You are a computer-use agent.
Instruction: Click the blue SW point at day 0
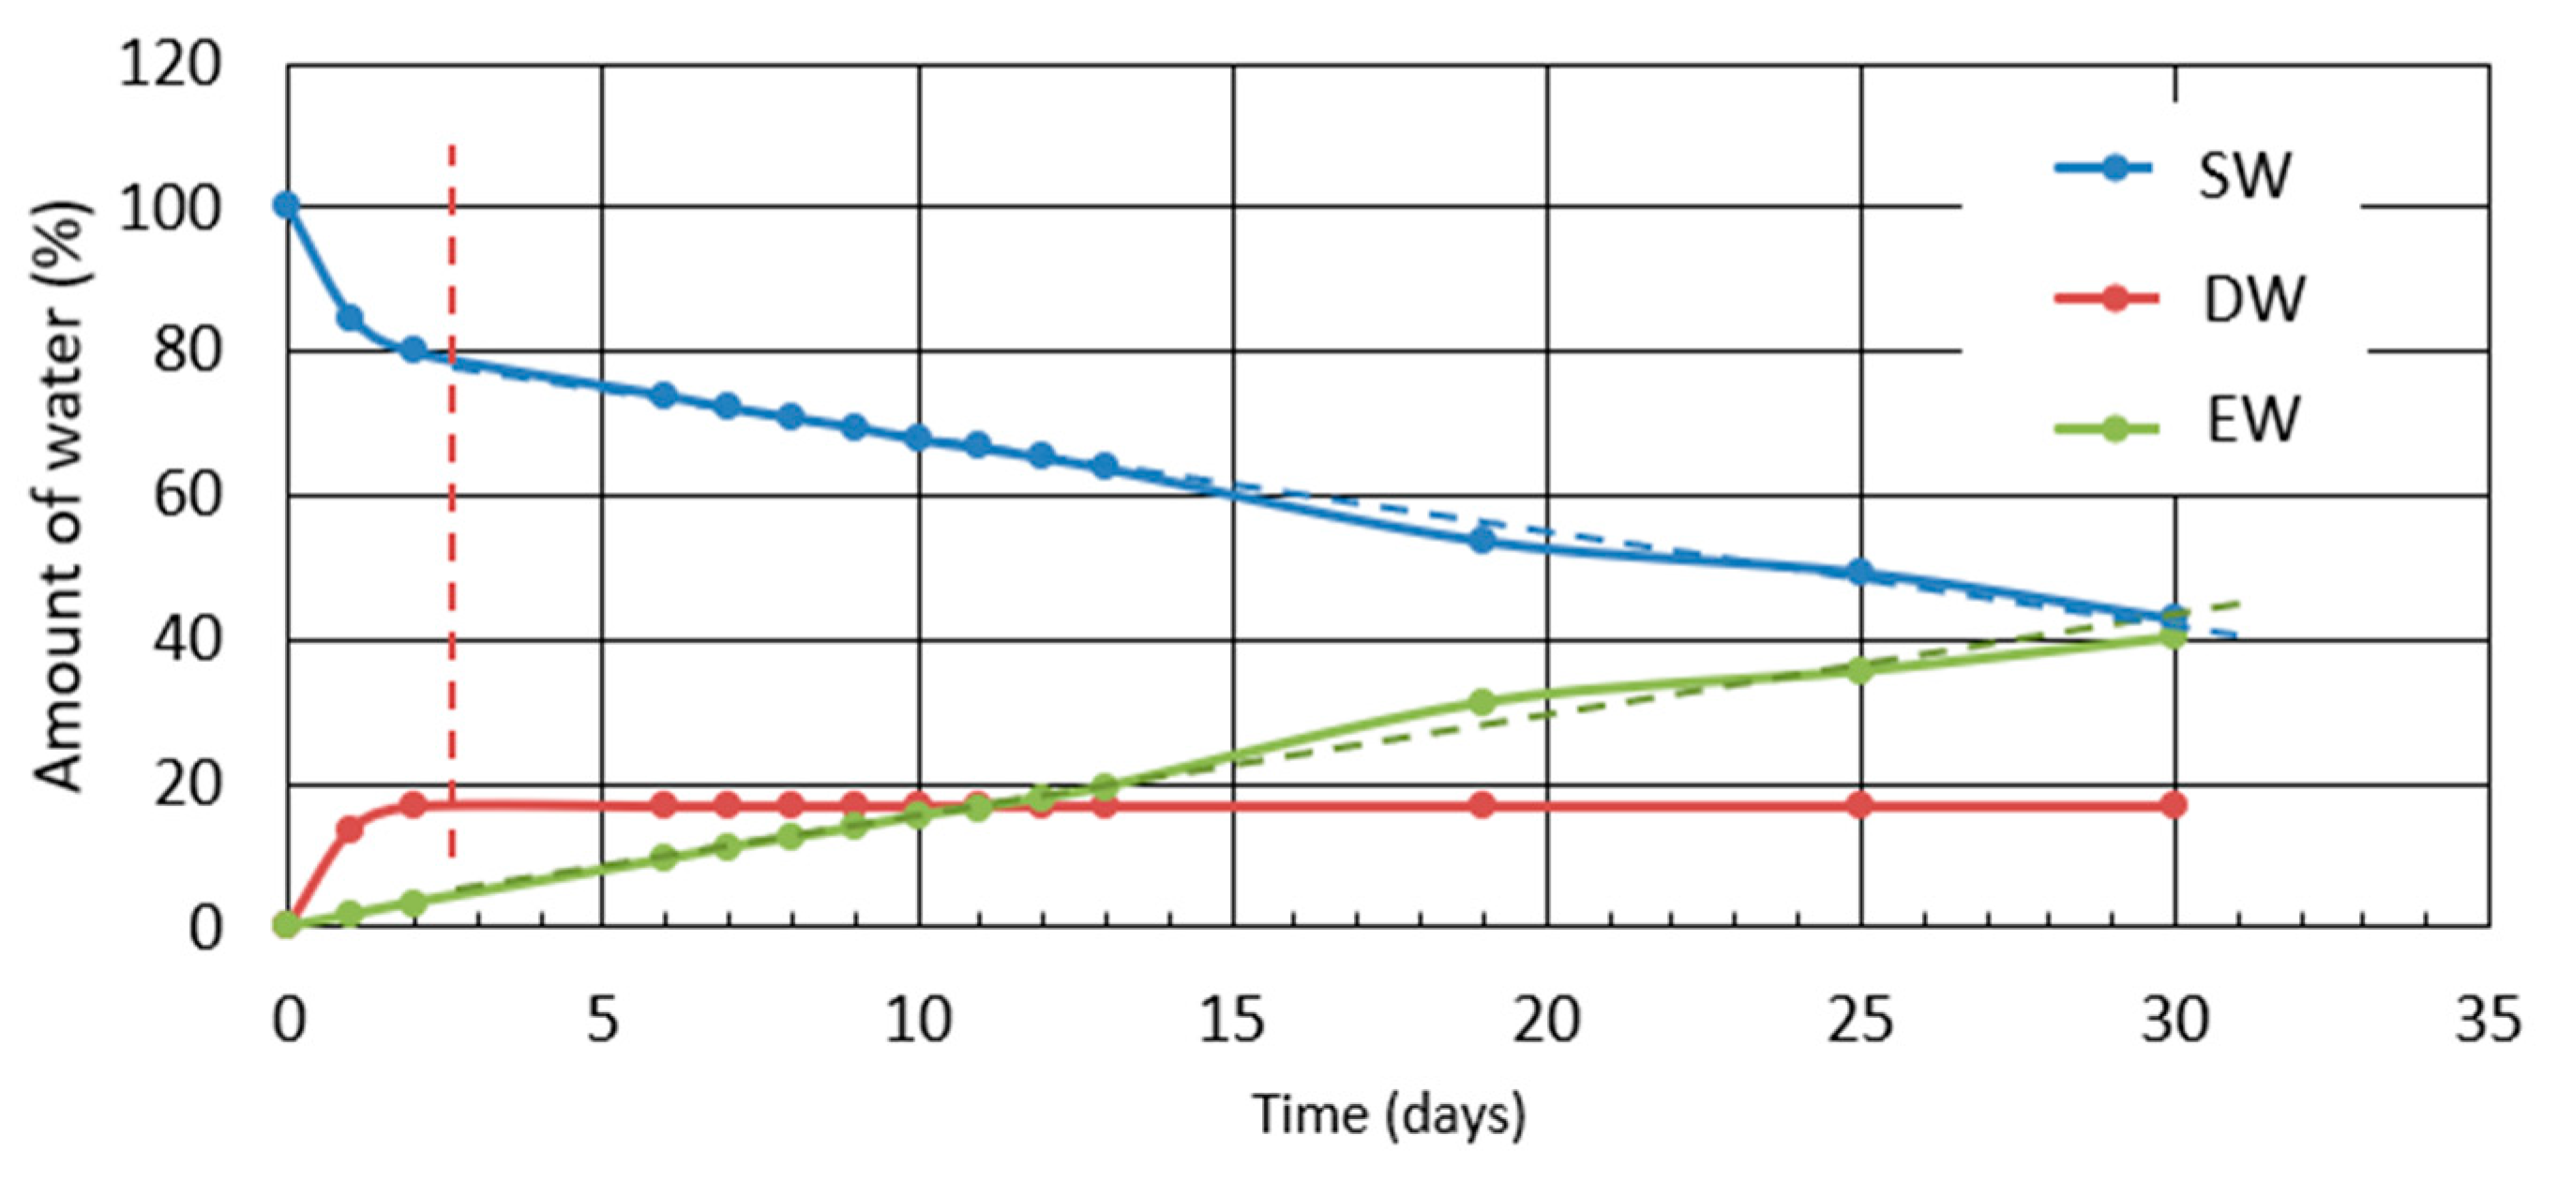pos(287,205)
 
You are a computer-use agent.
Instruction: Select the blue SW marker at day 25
pos(1861,573)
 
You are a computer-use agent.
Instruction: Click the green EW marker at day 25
pos(1861,670)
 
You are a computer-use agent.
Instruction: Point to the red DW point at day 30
pos(2173,805)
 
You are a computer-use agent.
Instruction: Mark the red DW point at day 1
pos(350,828)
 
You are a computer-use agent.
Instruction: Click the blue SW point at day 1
pos(350,319)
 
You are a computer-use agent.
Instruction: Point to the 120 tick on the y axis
pos(169,67)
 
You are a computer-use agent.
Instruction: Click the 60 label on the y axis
pos(186,496)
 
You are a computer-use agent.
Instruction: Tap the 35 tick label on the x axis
pos(2488,1021)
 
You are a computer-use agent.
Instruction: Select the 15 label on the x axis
pos(1232,1021)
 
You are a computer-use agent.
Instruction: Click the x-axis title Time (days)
pos(1388,1114)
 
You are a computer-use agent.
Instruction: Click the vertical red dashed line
pos(452,496)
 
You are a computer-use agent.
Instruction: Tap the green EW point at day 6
pos(664,858)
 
